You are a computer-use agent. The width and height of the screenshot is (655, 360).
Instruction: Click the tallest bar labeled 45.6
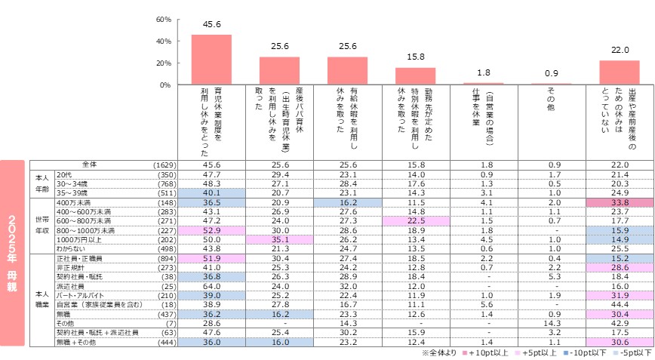point(211,60)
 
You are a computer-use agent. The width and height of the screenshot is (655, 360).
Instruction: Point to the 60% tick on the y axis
point(164,19)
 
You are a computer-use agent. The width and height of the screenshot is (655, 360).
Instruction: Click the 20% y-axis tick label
point(164,63)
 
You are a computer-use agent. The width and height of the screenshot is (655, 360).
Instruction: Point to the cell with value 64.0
point(211,286)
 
